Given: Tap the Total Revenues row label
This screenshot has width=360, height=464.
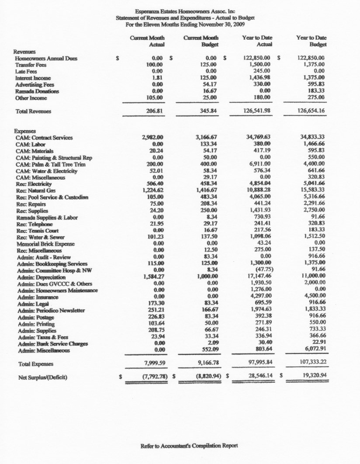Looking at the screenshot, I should (x=33, y=111).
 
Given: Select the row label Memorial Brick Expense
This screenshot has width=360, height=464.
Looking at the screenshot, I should (x=45, y=244).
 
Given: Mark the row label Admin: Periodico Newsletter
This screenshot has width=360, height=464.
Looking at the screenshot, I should (x=51, y=311).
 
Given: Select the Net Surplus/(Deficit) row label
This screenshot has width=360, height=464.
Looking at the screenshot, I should (x=42, y=377).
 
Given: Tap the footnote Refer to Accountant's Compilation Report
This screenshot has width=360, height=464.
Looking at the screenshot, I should (x=189, y=446).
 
